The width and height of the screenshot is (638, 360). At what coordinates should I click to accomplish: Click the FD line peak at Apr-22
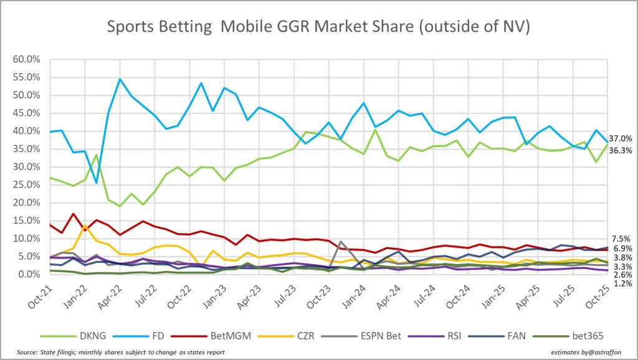pos(120,79)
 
